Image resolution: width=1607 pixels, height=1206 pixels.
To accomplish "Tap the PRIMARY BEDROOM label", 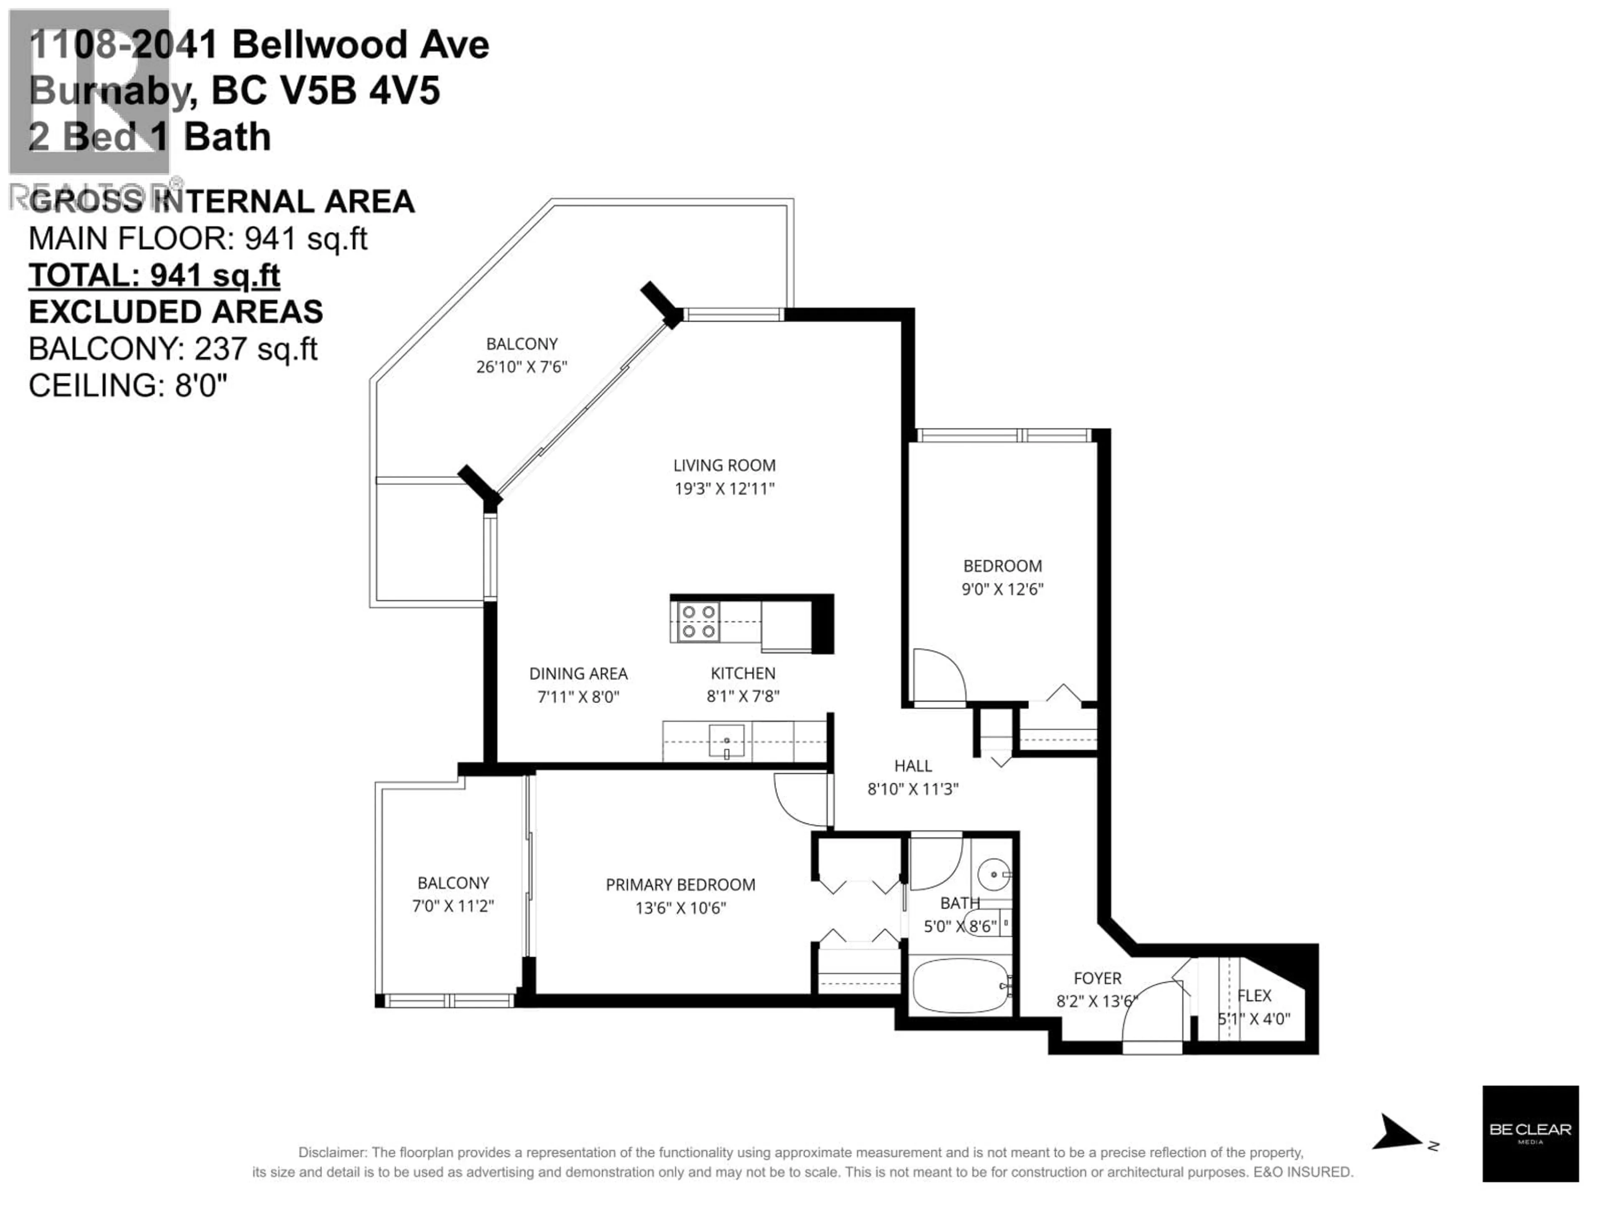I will [680, 885].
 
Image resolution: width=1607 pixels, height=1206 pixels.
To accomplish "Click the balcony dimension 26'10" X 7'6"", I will [521, 366].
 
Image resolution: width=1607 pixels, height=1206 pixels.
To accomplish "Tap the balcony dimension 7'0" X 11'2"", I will [453, 906].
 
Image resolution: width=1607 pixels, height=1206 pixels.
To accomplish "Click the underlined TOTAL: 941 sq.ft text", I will [154, 276].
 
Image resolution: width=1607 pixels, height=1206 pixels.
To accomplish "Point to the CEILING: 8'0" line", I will [128, 385].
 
